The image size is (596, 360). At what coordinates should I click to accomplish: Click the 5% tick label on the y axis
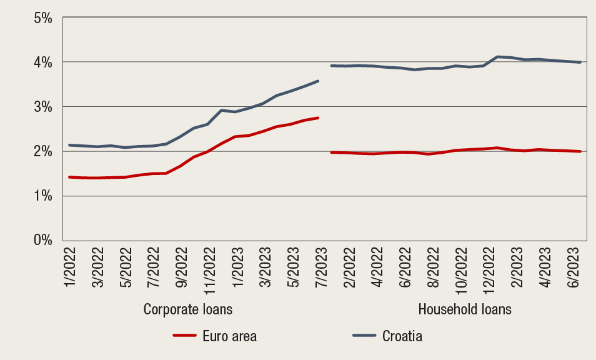[x=42, y=17]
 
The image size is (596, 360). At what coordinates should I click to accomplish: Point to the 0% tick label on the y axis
[x=42, y=240]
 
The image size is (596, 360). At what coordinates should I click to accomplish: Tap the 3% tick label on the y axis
[x=42, y=107]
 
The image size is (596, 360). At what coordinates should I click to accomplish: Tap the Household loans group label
[x=465, y=309]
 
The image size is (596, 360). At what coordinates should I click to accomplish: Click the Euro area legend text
[x=229, y=336]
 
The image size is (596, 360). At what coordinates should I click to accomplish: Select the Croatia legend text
[x=402, y=336]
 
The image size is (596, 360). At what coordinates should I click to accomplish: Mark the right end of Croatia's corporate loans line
[x=319, y=81]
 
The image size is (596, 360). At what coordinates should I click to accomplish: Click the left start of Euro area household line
[x=331, y=152]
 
